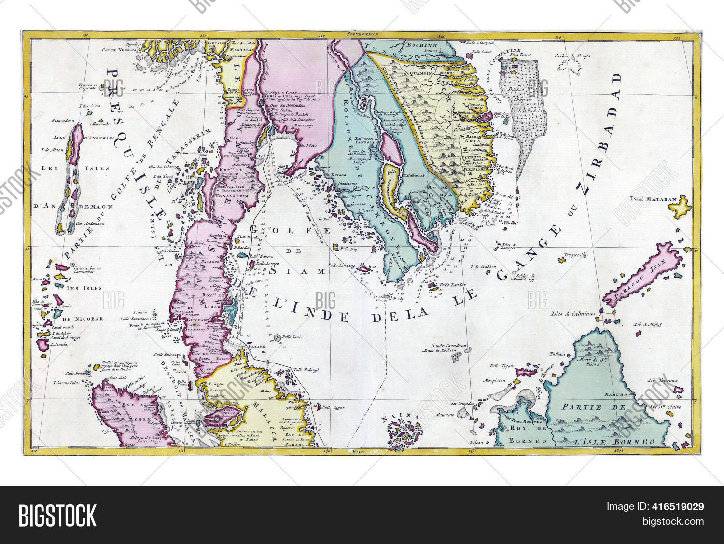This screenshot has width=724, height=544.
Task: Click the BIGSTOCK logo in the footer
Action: (57, 515)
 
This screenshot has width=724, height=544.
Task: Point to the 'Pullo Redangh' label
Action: (306, 370)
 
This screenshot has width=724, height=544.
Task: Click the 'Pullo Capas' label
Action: (332, 407)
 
